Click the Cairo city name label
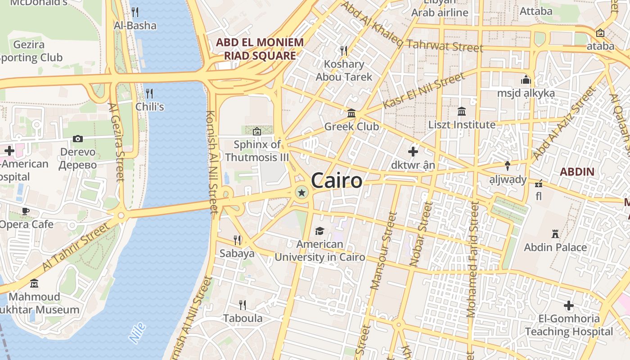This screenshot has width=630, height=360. tap(337, 180)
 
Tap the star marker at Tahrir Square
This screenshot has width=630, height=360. tap(301, 193)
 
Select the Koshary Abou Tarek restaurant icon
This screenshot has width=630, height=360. tap(344, 50)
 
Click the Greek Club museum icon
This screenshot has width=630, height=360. tap(351, 113)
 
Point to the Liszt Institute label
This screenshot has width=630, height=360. tap(462, 125)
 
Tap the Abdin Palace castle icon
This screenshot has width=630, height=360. tap(555, 234)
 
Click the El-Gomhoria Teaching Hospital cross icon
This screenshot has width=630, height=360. tap(569, 306)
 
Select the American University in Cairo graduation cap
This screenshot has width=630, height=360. tap(319, 231)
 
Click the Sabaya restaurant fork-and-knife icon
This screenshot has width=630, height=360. tap(237, 240)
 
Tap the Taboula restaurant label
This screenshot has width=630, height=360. tap(243, 318)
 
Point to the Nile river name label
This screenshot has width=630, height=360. tap(137, 332)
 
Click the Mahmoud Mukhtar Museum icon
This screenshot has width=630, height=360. tap(34, 283)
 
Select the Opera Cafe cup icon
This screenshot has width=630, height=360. tap(26, 211)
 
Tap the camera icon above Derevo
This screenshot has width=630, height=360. tap(78, 139)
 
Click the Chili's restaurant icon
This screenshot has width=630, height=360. tap(149, 93)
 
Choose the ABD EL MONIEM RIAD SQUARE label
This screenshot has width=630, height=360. tap(260, 49)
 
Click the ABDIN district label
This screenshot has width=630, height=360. tap(577, 171)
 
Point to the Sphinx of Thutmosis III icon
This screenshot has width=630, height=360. tap(257, 131)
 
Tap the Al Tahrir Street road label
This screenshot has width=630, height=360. tap(76, 247)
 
